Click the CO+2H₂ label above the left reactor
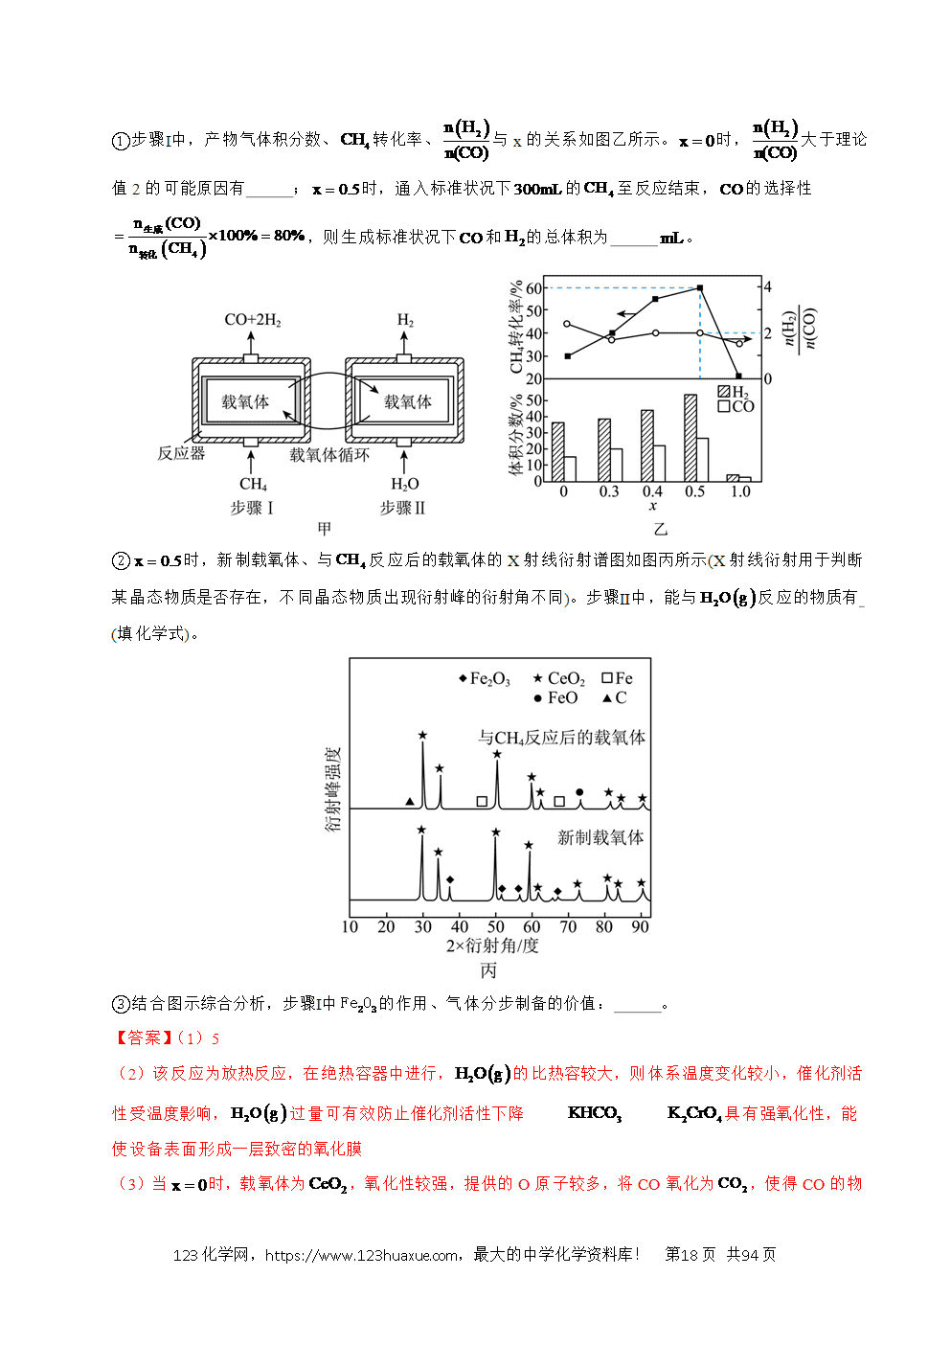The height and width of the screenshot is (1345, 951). (x=253, y=320)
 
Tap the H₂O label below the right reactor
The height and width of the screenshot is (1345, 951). (x=405, y=484)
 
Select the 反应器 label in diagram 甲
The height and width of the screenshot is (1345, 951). (x=181, y=453)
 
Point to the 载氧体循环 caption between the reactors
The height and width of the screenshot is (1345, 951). (x=329, y=455)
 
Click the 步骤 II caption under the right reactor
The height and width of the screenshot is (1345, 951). (x=402, y=508)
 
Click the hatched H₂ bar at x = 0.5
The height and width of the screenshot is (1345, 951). (x=691, y=438)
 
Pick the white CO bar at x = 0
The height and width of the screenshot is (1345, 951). (x=569, y=469)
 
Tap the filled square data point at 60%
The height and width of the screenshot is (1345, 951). (x=700, y=288)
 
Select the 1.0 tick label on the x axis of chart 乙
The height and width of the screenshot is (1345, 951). (x=740, y=491)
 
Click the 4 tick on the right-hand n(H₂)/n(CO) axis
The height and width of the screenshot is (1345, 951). (x=767, y=286)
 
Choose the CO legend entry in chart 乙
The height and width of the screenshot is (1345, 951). (x=736, y=406)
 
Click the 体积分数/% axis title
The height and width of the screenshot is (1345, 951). (x=516, y=435)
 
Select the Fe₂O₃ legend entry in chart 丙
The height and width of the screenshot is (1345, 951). (x=484, y=678)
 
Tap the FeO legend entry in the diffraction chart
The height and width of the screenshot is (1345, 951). (x=555, y=697)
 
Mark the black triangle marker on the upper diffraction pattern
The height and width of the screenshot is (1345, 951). (x=410, y=801)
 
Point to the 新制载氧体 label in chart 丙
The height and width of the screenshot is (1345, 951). (x=600, y=837)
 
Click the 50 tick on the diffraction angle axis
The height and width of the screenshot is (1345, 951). (x=495, y=926)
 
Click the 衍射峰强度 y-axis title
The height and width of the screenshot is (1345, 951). (x=332, y=789)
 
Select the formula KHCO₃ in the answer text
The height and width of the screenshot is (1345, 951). (x=595, y=1113)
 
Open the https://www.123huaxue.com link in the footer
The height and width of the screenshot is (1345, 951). (x=361, y=1254)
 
